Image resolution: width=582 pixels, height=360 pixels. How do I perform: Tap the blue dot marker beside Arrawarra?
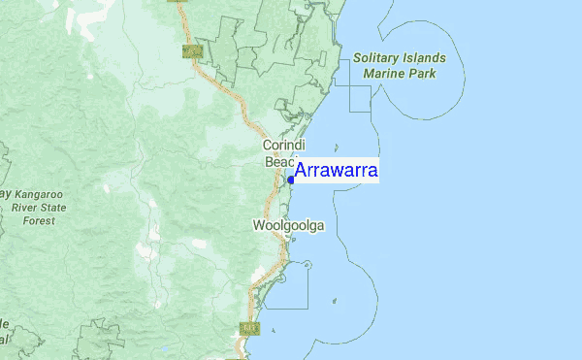[291, 180]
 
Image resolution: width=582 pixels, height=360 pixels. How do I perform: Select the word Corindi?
[284, 146]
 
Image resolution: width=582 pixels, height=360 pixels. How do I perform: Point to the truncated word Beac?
[279, 162]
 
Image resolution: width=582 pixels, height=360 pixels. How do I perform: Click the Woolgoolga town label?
[288, 226]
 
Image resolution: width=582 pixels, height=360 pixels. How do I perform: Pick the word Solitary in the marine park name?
[377, 58]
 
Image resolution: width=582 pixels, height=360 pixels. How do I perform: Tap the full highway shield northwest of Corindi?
[192, 49]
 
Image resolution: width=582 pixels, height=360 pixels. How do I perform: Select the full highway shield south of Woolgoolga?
[249, 329]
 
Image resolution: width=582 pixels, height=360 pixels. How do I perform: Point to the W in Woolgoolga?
[259, 226]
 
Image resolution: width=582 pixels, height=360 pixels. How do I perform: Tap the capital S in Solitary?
[357, 58]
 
